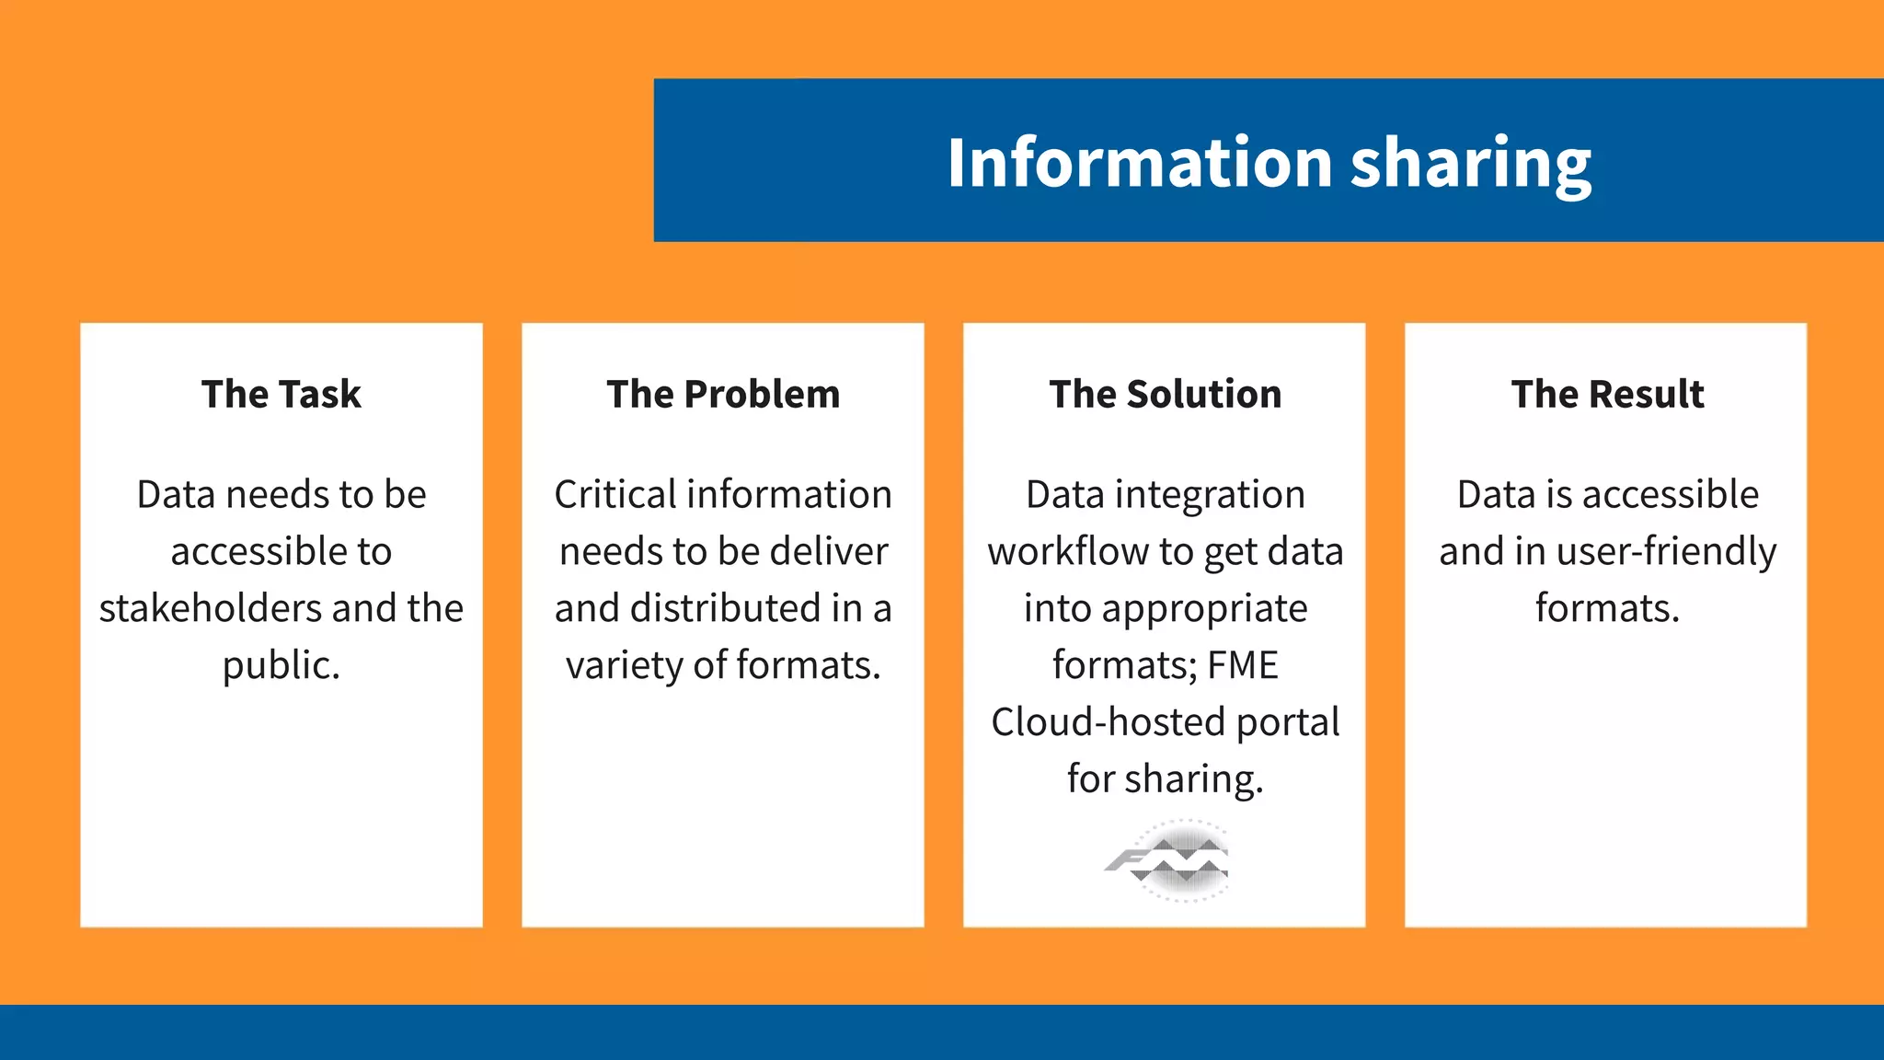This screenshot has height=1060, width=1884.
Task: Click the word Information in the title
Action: [1140, 162]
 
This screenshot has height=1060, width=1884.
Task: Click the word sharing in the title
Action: [1471, 164]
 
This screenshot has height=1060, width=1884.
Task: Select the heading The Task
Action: [281, 394]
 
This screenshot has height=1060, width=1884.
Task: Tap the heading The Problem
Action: [723, 394]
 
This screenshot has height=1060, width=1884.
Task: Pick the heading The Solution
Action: [1165, 394]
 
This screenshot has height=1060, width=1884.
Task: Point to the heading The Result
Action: [1607, 394]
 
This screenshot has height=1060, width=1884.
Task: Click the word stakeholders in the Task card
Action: [211, 608]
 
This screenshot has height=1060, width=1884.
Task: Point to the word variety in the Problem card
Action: [623, 666]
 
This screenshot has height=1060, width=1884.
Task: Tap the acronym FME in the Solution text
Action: [1243, 665]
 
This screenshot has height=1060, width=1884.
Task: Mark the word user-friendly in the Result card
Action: [1666, 552]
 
